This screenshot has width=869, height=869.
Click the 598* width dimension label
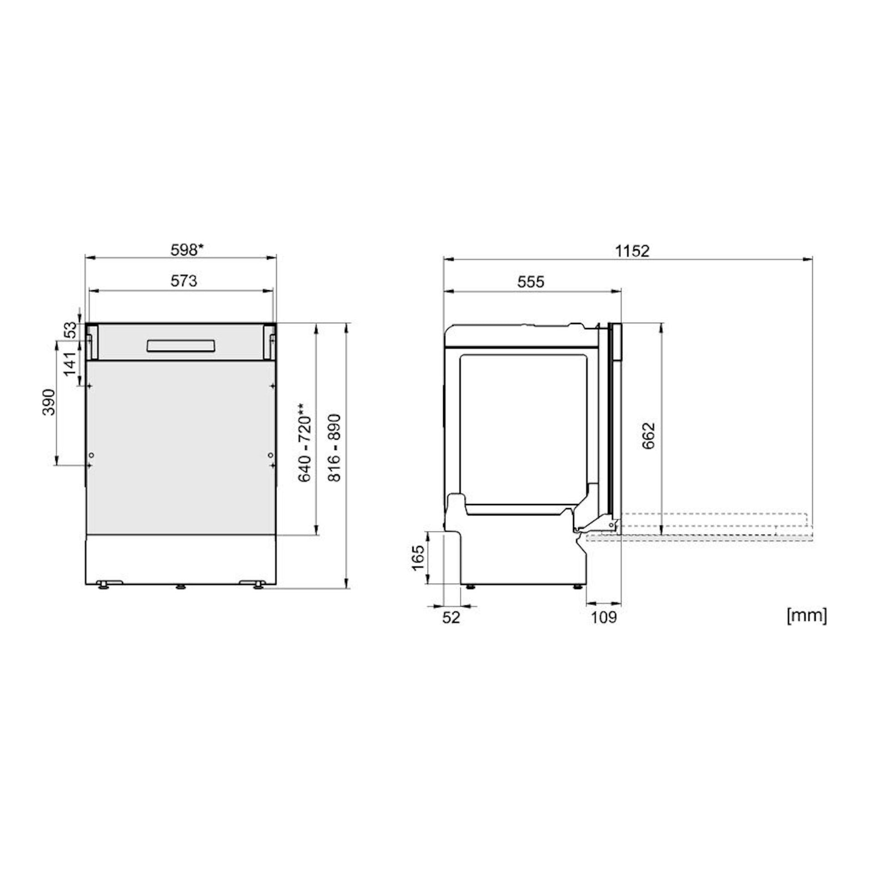point(187,250)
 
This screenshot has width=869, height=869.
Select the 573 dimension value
point(184,281)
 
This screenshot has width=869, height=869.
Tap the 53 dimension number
point(71,330)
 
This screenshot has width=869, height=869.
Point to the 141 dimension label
point(71,364)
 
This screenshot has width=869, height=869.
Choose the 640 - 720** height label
point(305,442)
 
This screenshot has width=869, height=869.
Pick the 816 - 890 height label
point(334,448)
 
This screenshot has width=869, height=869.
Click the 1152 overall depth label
point(632,251)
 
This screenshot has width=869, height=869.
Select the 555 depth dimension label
point(531,282)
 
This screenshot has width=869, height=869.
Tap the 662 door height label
point(648,436)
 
